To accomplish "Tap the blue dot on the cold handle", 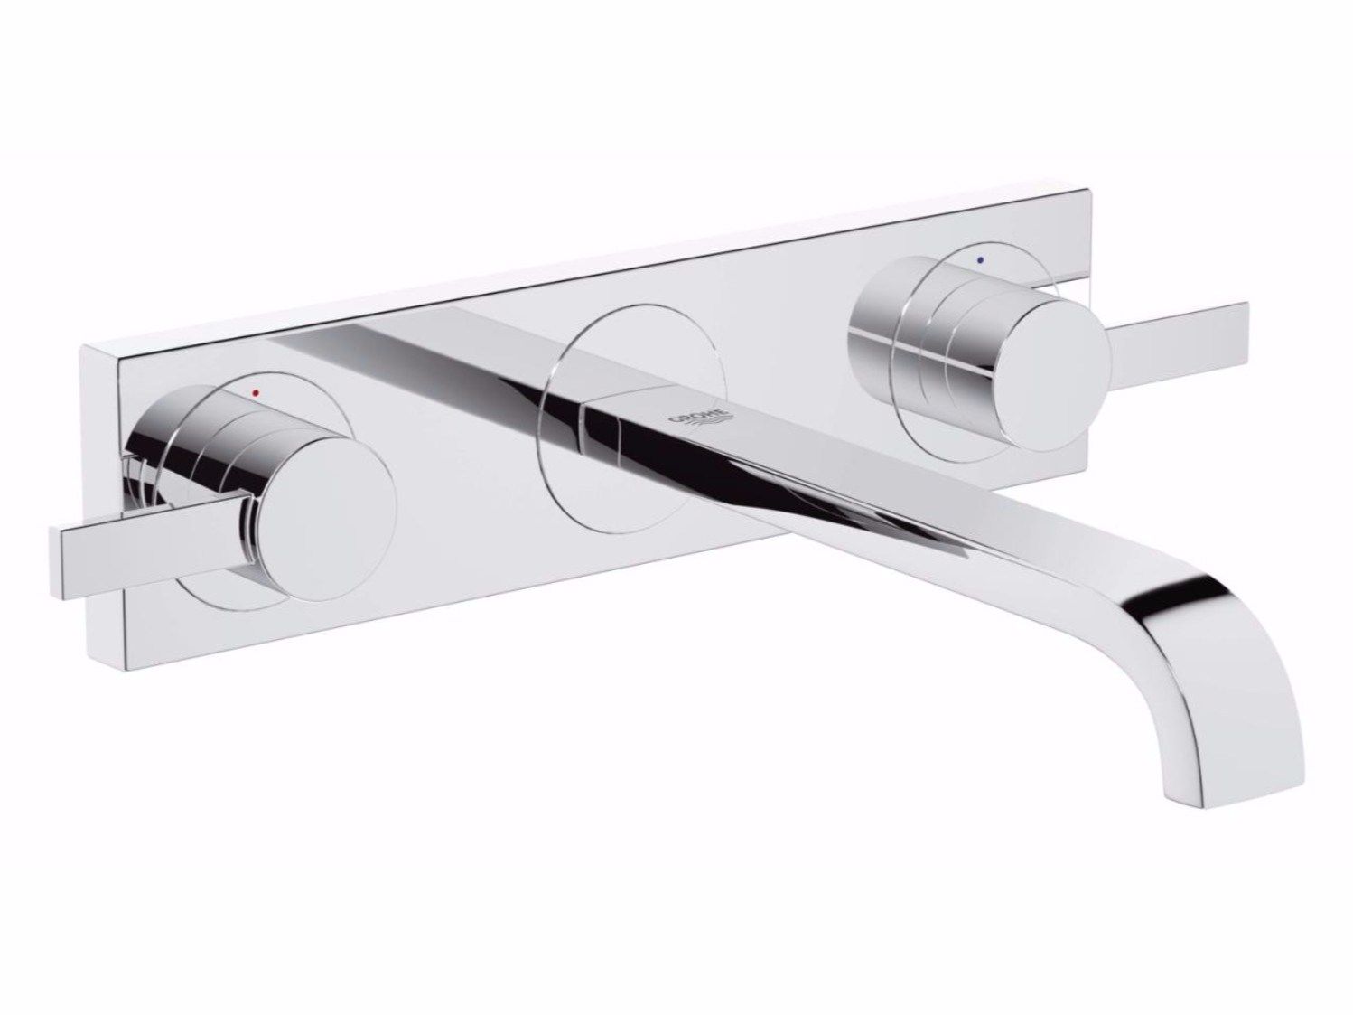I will pos(982,259).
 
